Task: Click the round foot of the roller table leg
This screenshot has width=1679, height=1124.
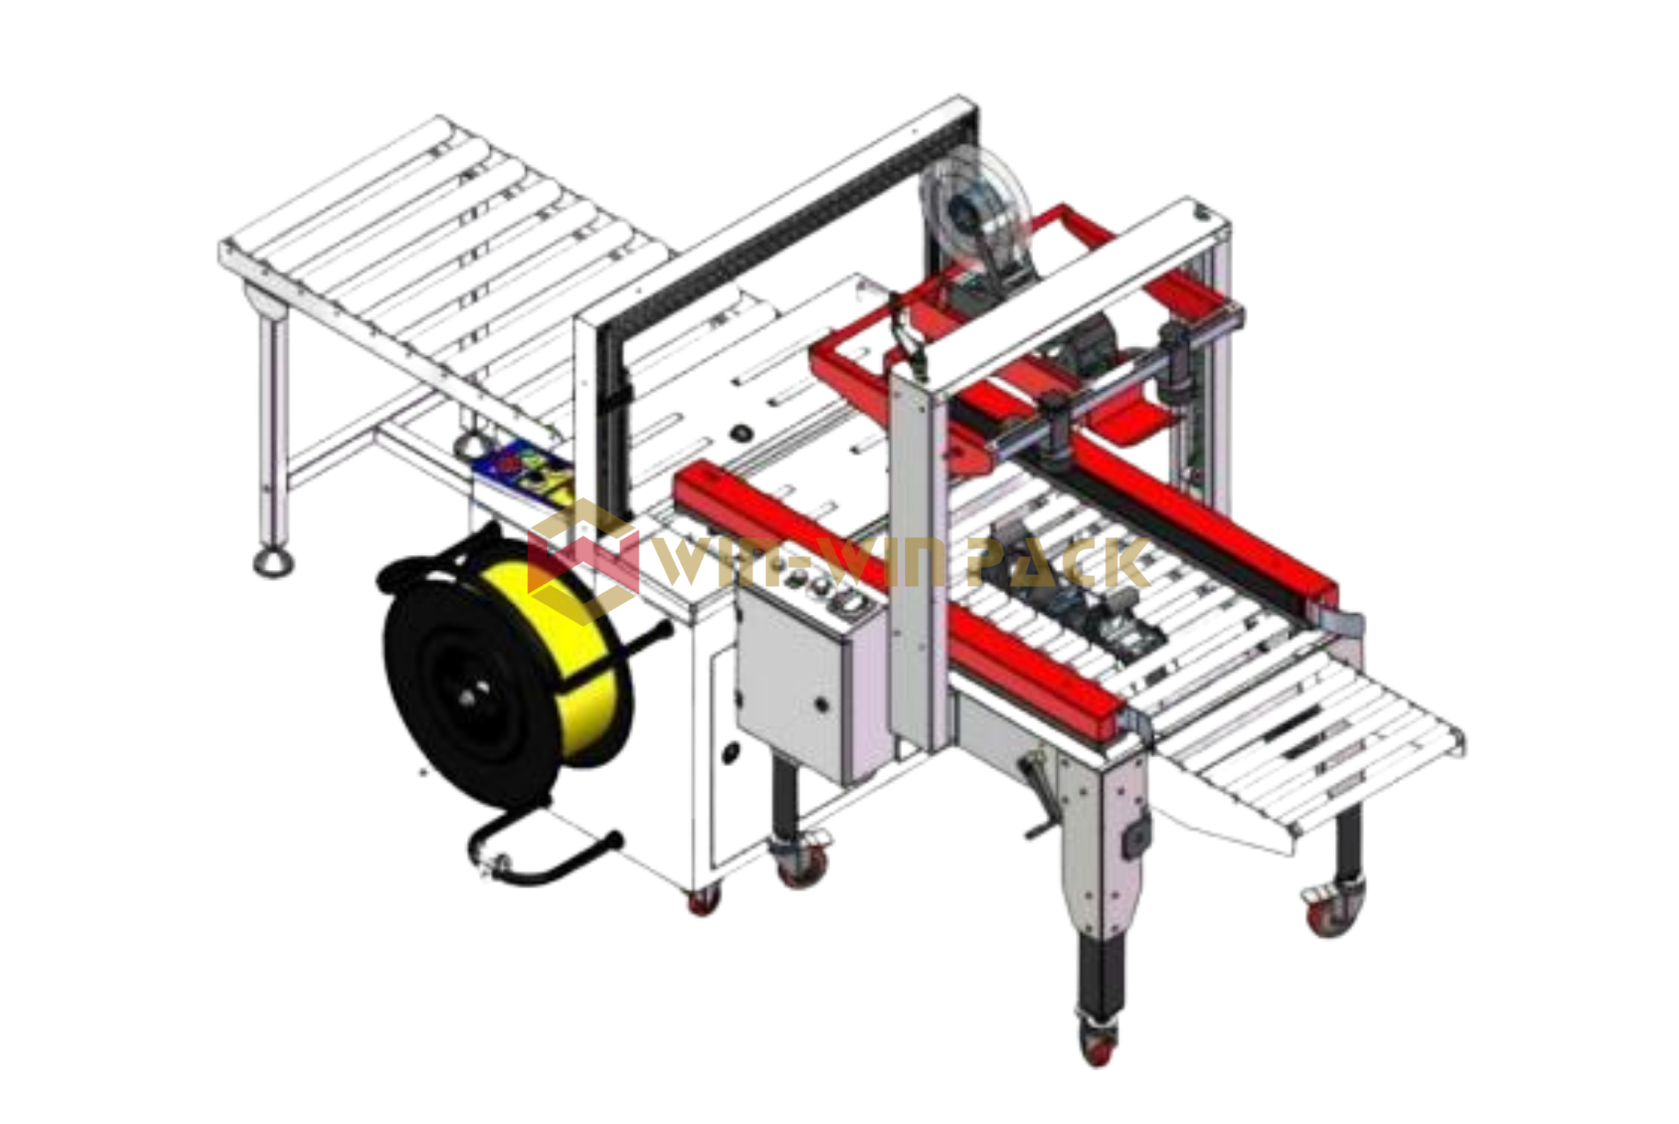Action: click(x=273, y=562)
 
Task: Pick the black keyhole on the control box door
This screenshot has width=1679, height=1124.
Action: click(x=821, y=704)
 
